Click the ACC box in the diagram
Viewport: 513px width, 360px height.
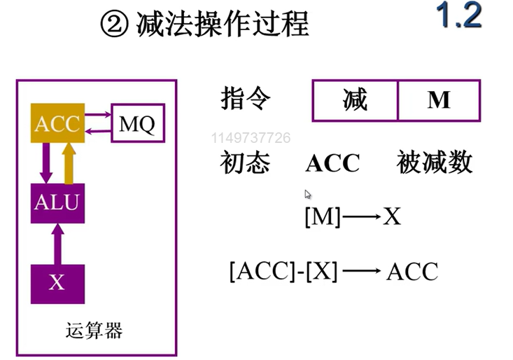57,124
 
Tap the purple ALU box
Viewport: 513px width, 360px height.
57,203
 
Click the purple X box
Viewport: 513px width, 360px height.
57,283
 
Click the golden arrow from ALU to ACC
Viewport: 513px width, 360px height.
69,162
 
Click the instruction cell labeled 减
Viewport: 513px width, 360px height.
355,101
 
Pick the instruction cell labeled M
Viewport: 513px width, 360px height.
439,101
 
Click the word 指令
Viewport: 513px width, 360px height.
245,99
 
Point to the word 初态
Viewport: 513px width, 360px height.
244,163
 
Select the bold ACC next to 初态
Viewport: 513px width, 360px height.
332,164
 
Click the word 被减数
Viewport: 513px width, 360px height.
435,163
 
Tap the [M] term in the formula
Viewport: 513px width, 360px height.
322,217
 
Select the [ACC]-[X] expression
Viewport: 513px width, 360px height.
283,271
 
